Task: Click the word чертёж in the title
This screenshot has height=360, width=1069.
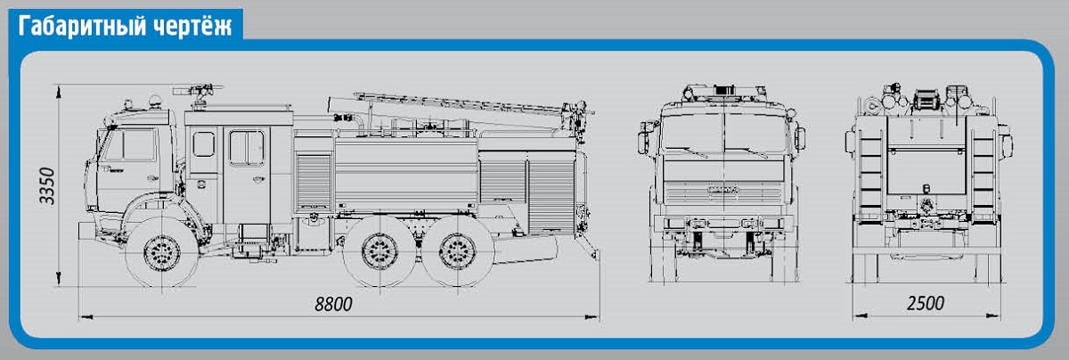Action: [192, 26]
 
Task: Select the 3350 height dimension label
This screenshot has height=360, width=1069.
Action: [47, 185]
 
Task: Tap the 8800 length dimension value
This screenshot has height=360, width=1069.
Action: [333, 304]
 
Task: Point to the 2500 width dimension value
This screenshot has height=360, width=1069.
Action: [926, 304]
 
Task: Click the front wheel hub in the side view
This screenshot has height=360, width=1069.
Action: [162, 253]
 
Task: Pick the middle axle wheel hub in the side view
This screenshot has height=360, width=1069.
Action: [379, 251]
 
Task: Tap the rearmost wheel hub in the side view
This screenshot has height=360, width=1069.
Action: [457, 251]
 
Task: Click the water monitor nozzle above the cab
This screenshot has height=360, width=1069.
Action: [198, 90]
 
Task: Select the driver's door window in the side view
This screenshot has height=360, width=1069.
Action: [138, 144]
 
